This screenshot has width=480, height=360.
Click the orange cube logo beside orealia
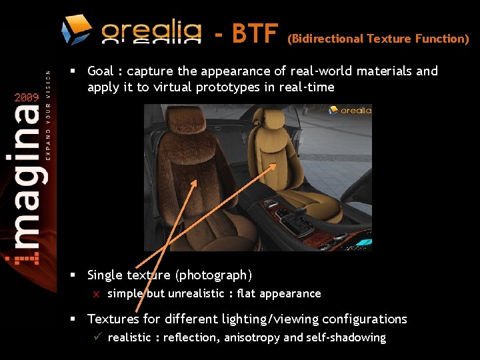pyautogui.click(x=77, y=29)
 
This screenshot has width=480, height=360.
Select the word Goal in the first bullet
pyautogui.click(x=101, y=71)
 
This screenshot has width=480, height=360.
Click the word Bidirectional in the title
pyautogui.click(x=325, y=39)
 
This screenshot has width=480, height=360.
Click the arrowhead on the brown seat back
pyautogui.click(x=195, y=182)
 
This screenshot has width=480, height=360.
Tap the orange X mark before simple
pyautogui.click(x=96, y=294)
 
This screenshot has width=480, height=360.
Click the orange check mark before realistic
pyautogui.click(x=96, y=337)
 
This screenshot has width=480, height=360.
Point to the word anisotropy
pyautogui.click(x=252, y=337)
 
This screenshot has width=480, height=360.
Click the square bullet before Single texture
pyautogui.click(x=77, y=275)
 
